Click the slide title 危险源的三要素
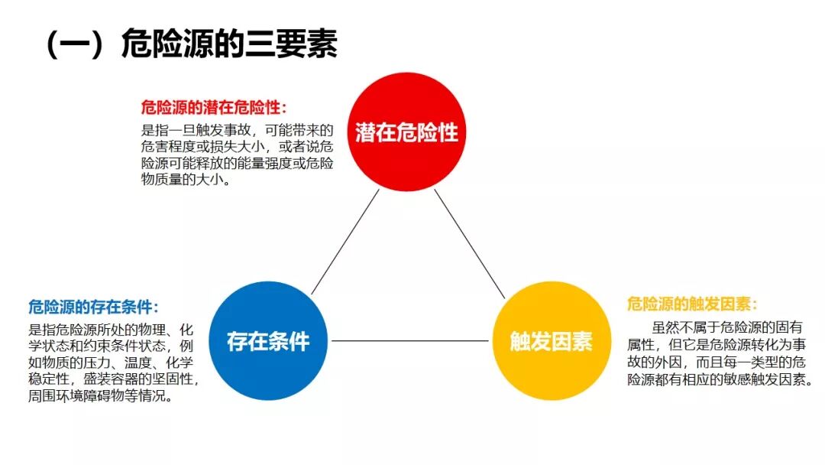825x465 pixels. click(229, 45)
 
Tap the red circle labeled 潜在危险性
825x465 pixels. click(406, 132)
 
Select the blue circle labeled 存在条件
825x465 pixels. click(267, 341)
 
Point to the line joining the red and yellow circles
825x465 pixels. click(470, 243)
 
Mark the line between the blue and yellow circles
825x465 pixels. click(409, 341)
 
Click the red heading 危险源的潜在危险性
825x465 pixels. click(214, 108)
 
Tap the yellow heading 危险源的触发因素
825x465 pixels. click(692, 304)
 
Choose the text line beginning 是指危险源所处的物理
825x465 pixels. click(111, 330)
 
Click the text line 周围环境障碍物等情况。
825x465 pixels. click(99, 397)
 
